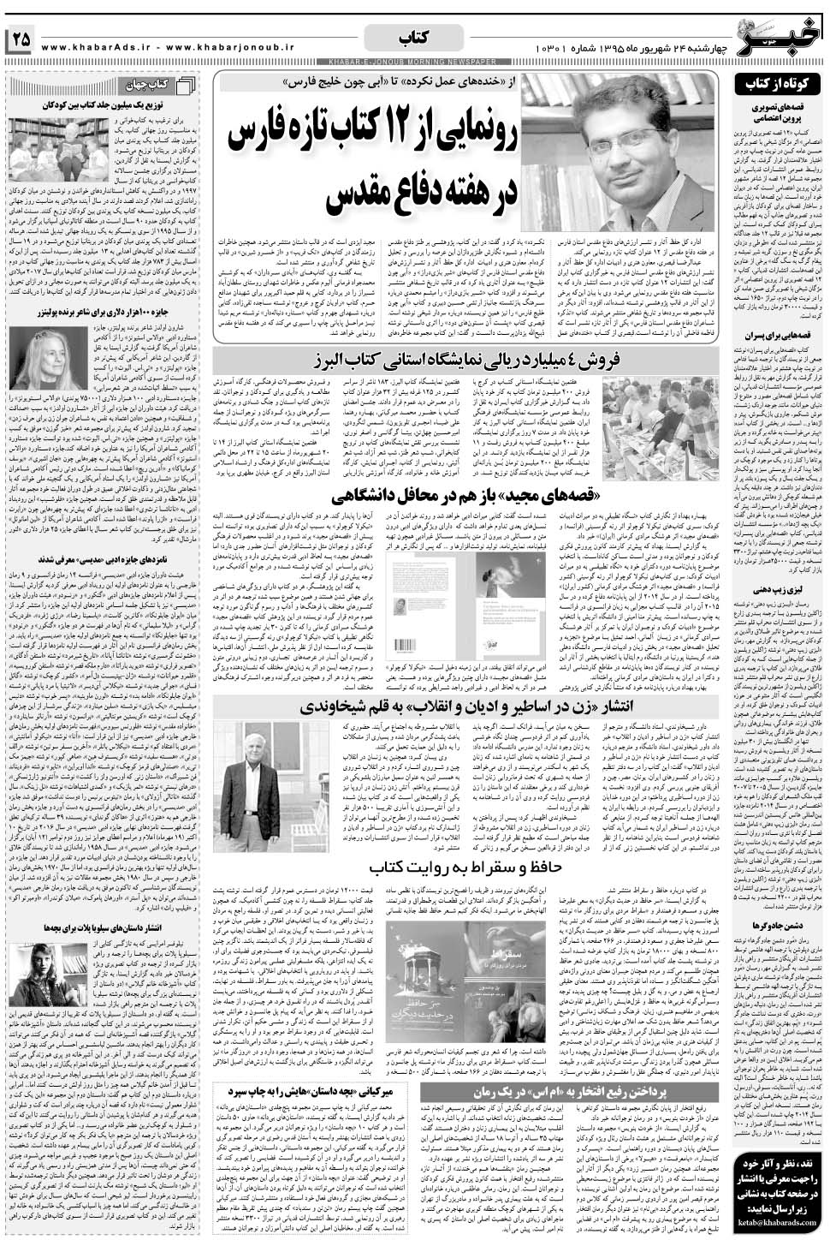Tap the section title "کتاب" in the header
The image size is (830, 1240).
click(x=415, y=38)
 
